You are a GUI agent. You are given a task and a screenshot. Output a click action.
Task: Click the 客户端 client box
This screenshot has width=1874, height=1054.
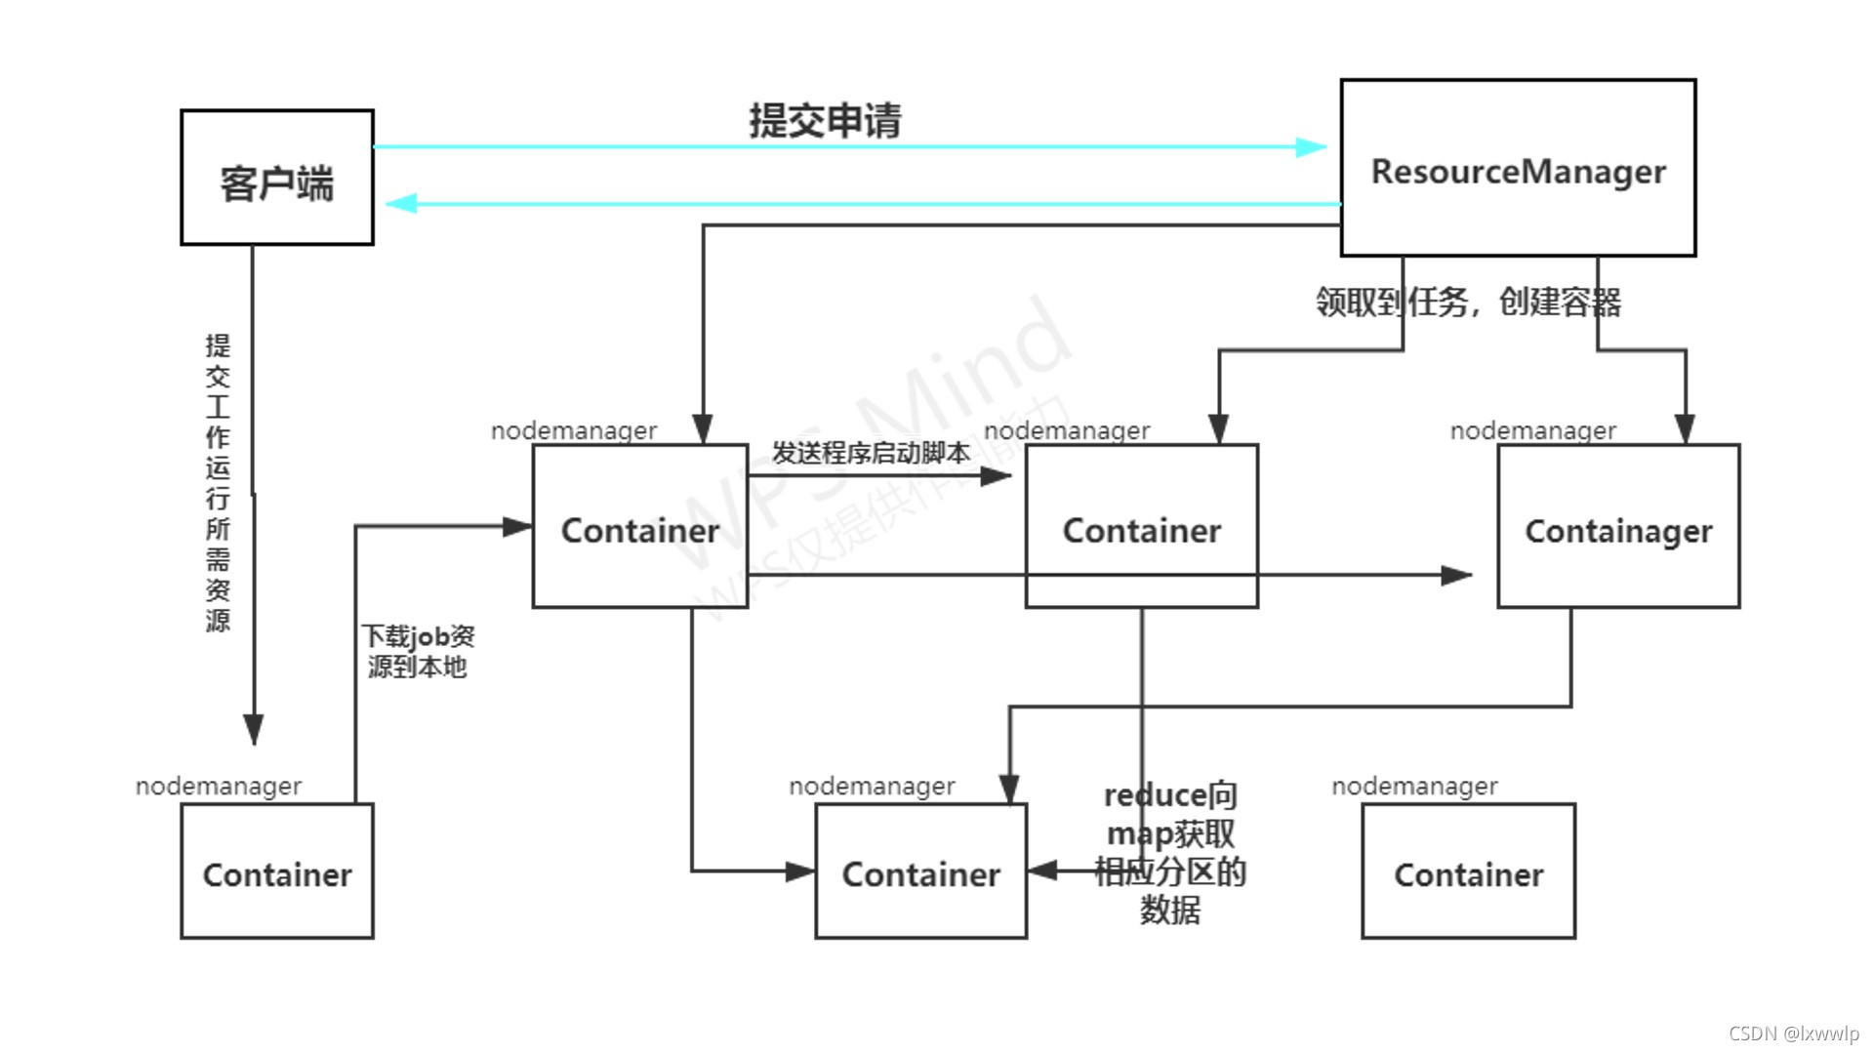click(x=276, y=178)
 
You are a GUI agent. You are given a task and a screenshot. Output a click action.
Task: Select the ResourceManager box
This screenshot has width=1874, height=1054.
click(x=1518, y=168)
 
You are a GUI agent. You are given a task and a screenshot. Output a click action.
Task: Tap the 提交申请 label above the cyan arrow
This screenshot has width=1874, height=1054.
click(x=825, y=121)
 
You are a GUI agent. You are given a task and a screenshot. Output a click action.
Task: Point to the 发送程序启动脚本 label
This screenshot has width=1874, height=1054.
click(x=871, y=453)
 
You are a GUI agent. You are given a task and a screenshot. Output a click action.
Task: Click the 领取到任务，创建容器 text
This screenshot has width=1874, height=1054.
click(x=1467, y=302)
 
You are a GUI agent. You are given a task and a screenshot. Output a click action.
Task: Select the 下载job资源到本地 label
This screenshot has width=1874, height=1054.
click(x=418, y=652)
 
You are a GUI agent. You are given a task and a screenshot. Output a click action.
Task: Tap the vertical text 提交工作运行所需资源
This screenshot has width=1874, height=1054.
click(x=218, y=483)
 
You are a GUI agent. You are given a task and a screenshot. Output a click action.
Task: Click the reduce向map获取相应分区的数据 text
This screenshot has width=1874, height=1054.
click(x=1169, y=852)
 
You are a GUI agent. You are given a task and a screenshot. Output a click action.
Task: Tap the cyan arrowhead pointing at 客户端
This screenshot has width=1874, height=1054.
click(x=401, y=203)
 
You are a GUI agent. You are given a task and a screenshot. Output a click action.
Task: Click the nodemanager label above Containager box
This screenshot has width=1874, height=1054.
click(x=1532, y=430)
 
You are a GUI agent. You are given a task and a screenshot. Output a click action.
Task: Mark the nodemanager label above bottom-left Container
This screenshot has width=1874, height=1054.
click(x=219, y=786)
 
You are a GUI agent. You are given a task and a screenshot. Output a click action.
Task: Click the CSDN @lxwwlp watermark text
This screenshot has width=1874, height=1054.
click(x=1793, y=1034)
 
